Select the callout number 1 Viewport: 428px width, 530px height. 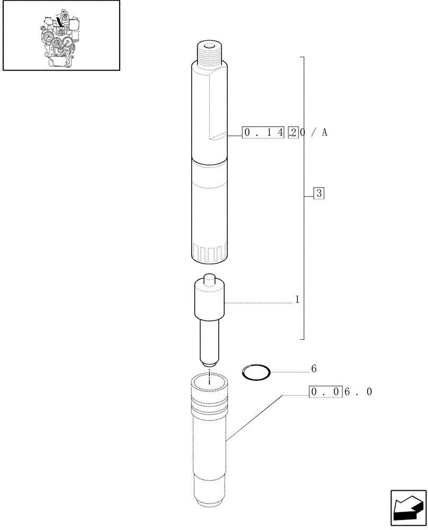click(x=297, y=301)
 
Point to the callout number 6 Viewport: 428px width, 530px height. click(x=314, y=368)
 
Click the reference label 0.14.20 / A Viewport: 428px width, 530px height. click(x=284, y=132)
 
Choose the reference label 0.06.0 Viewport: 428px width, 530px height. click(x=342, y=392)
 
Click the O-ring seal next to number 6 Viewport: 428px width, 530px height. click(x=256, y=372)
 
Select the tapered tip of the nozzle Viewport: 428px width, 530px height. click(x=210, y=363)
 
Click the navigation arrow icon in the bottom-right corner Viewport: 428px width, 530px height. click(x=408, y=508)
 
